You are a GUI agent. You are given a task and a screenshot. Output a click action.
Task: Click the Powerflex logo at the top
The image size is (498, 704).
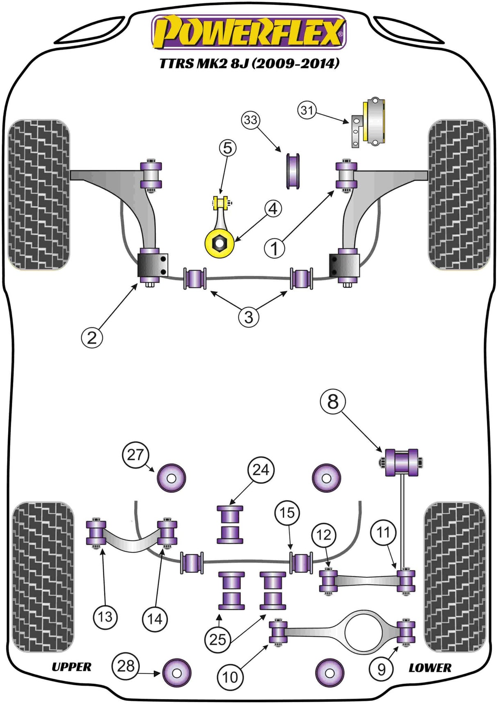coord(249,32)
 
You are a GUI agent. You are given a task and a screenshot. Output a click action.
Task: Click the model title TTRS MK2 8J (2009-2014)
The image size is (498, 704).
coord(249,64)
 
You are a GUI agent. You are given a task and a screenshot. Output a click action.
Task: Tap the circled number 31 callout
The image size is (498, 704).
coord(307,110)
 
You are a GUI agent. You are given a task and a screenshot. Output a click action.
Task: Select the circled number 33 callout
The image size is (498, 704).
coord(251,120)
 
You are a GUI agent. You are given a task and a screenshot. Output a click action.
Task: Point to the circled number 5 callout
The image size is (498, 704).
coord(228,148)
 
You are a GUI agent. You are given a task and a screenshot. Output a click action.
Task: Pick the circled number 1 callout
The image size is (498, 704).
coord(274,248)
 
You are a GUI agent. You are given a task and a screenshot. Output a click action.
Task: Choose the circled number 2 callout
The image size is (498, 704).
coord(91,337)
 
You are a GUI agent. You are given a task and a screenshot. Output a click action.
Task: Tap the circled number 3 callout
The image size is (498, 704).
coord(249,317)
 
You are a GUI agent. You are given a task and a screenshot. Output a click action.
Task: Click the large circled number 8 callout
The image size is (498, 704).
coord(333,401)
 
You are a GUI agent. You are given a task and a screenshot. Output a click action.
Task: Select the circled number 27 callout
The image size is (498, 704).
coord(135,454)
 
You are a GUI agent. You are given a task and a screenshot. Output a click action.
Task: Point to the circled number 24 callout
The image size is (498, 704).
coord(261,469)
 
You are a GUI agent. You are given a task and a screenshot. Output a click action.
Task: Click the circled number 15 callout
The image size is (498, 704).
coord(287,513)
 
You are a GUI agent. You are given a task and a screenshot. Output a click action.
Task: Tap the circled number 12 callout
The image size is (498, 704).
coord(324,535)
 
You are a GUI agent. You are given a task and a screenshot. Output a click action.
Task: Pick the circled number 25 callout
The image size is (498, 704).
coord(218,639)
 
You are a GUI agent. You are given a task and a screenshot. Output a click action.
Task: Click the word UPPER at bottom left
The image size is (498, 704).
coord(71,667)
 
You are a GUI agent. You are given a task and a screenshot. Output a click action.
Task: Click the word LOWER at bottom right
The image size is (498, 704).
coord(429,668)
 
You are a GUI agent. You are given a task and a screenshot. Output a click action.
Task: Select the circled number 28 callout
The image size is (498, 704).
coord(126,666)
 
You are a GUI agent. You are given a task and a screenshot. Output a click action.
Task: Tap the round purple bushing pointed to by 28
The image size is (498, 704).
coord(177,673)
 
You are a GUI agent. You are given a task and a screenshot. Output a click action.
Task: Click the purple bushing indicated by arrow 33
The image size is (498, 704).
coord(292,171)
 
